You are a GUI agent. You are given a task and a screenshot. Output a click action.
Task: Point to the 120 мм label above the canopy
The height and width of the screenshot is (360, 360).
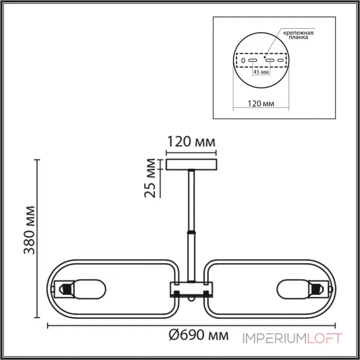(x=191, y=143)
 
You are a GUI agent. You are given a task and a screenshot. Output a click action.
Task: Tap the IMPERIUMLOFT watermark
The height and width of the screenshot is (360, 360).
(x=293, y=337)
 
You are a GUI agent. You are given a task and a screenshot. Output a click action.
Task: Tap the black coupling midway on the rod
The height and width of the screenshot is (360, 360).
(x=192, y=232)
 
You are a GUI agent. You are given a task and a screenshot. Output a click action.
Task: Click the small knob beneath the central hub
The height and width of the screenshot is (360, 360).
(x=192, y=298)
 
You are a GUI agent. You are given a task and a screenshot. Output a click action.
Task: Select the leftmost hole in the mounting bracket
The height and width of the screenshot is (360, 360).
(x=243, y=60)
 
